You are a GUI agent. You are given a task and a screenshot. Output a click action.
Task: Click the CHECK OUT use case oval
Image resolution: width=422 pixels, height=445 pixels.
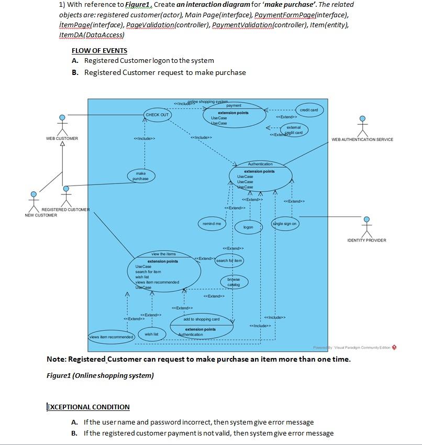coord(157,115)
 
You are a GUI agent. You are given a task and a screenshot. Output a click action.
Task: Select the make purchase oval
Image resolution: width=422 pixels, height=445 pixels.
coord(140,176)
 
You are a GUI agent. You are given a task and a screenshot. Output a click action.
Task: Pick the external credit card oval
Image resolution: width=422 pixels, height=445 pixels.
coord(294,129)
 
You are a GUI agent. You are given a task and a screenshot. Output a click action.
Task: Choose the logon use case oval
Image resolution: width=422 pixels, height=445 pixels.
coord(248,227)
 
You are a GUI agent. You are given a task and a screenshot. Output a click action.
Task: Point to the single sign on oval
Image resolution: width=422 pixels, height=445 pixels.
coord(285,224)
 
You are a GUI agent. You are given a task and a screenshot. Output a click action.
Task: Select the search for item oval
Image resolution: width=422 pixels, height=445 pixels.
coord(229,261)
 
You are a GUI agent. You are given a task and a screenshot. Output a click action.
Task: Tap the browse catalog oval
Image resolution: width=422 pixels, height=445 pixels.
coord(234,282)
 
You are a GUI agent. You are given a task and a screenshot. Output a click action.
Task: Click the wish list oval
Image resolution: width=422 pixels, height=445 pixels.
coord(152,334)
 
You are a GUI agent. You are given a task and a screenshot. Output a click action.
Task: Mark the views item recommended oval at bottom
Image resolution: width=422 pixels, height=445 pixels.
coord(112,337)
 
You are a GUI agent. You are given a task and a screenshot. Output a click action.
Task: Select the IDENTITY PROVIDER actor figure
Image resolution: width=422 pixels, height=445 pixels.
coord(367,226)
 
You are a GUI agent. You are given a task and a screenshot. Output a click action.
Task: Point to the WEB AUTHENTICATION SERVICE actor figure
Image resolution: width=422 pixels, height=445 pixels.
coord(362,126)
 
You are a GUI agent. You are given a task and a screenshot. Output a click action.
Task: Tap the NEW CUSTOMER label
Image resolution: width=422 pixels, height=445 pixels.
coord(41,215)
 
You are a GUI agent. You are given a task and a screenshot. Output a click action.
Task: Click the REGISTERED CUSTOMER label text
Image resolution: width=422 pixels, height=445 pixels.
coord(65,210)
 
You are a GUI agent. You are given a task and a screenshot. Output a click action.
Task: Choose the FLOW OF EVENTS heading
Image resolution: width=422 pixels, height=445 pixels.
coord(99,51)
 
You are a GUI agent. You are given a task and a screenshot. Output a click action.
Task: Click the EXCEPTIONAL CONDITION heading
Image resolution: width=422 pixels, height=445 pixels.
coord(88,407)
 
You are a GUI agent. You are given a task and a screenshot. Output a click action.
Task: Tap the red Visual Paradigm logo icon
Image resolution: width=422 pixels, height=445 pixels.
coord(394,348)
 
